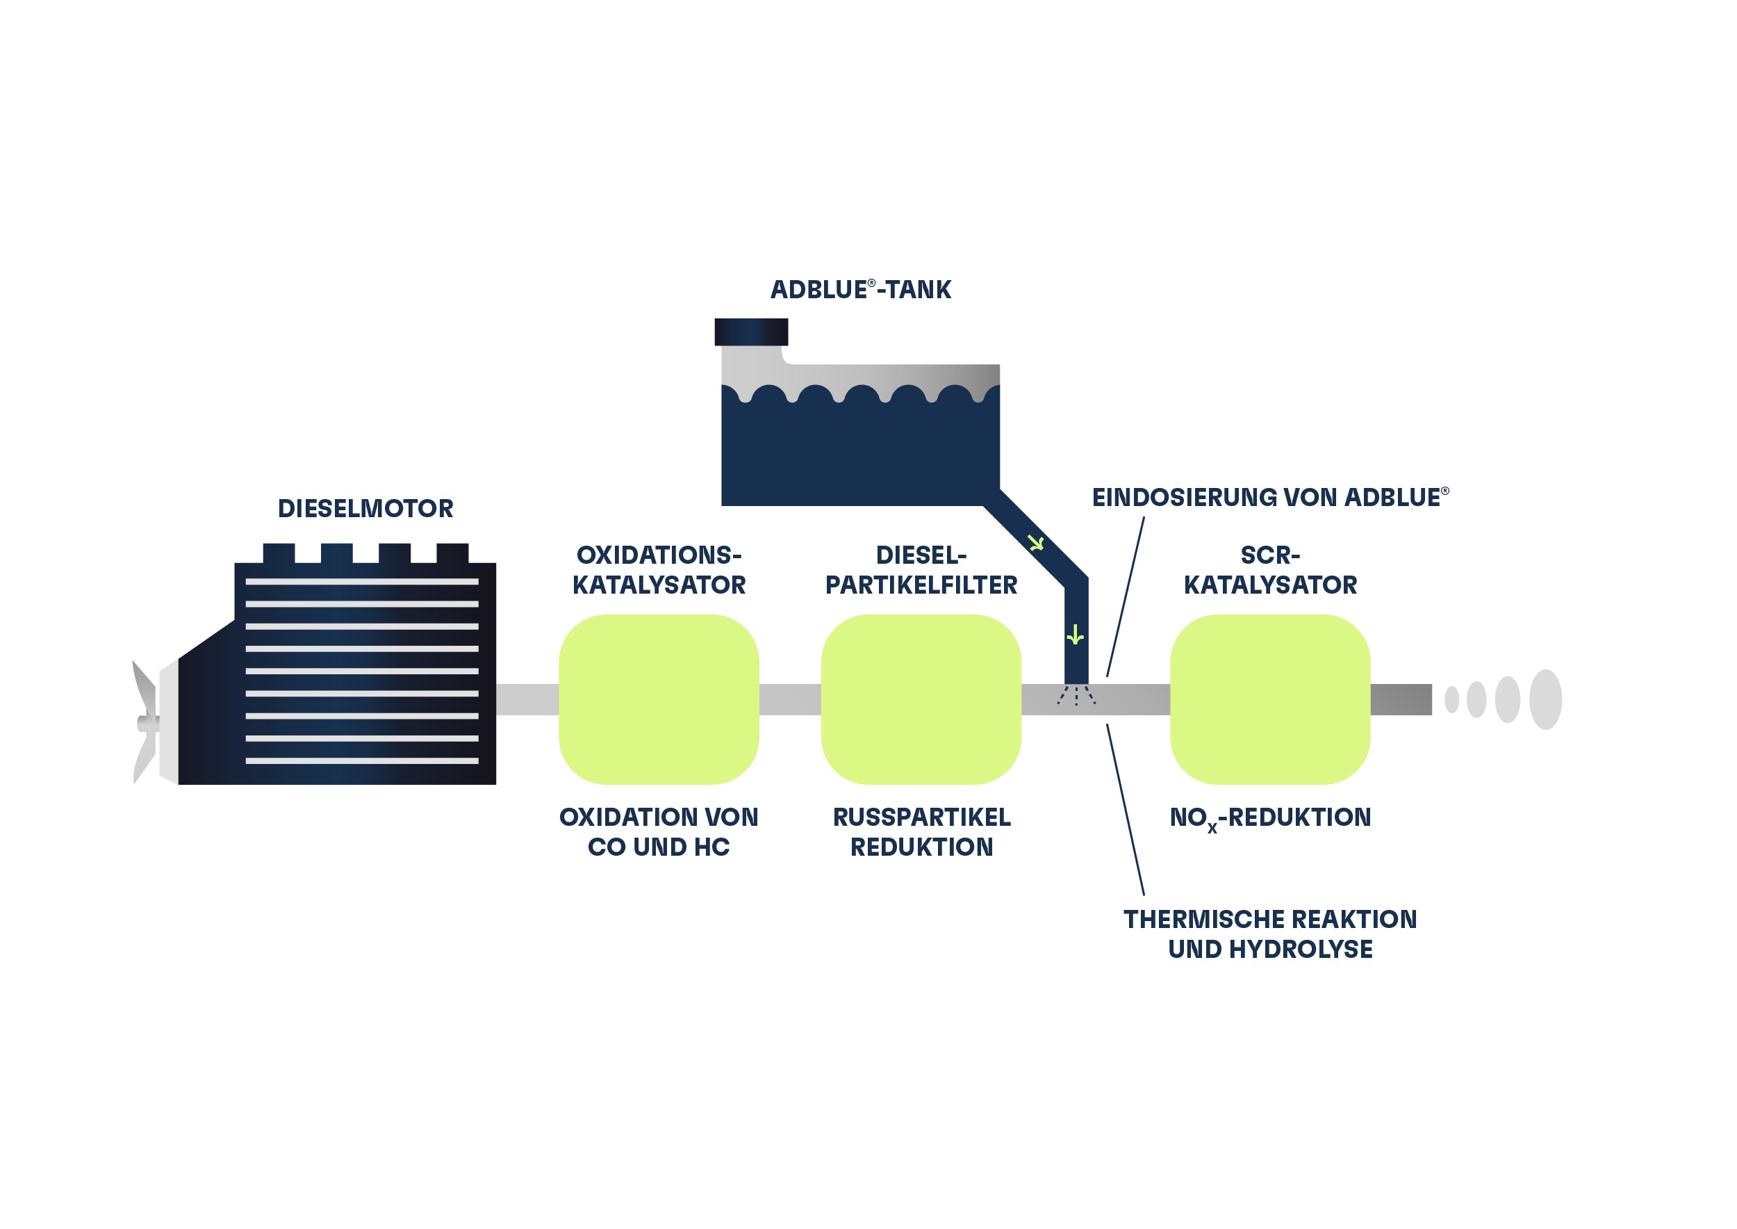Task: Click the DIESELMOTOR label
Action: (x=365, y=509)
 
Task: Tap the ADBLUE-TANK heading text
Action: (x=860, y=290)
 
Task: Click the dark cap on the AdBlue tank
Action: (x=751, y=332)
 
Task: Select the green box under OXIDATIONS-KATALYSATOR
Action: (x=658, y=699)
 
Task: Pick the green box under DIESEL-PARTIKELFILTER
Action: (x=921, y=699)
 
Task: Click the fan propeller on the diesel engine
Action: (x=145, y=723)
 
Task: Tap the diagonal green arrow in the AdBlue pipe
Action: (x=1036, y=543)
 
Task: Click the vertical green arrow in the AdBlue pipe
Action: (x=1075, y=635)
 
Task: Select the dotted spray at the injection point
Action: (x=1076, y=695)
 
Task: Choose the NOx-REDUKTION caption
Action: (x=1269, y=818)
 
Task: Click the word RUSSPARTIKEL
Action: (x=921, y=817)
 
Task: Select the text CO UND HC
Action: (x=658, y=847)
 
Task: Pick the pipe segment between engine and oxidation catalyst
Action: (x=527, y=699)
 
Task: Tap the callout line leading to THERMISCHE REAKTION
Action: (x=1125, y=810)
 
